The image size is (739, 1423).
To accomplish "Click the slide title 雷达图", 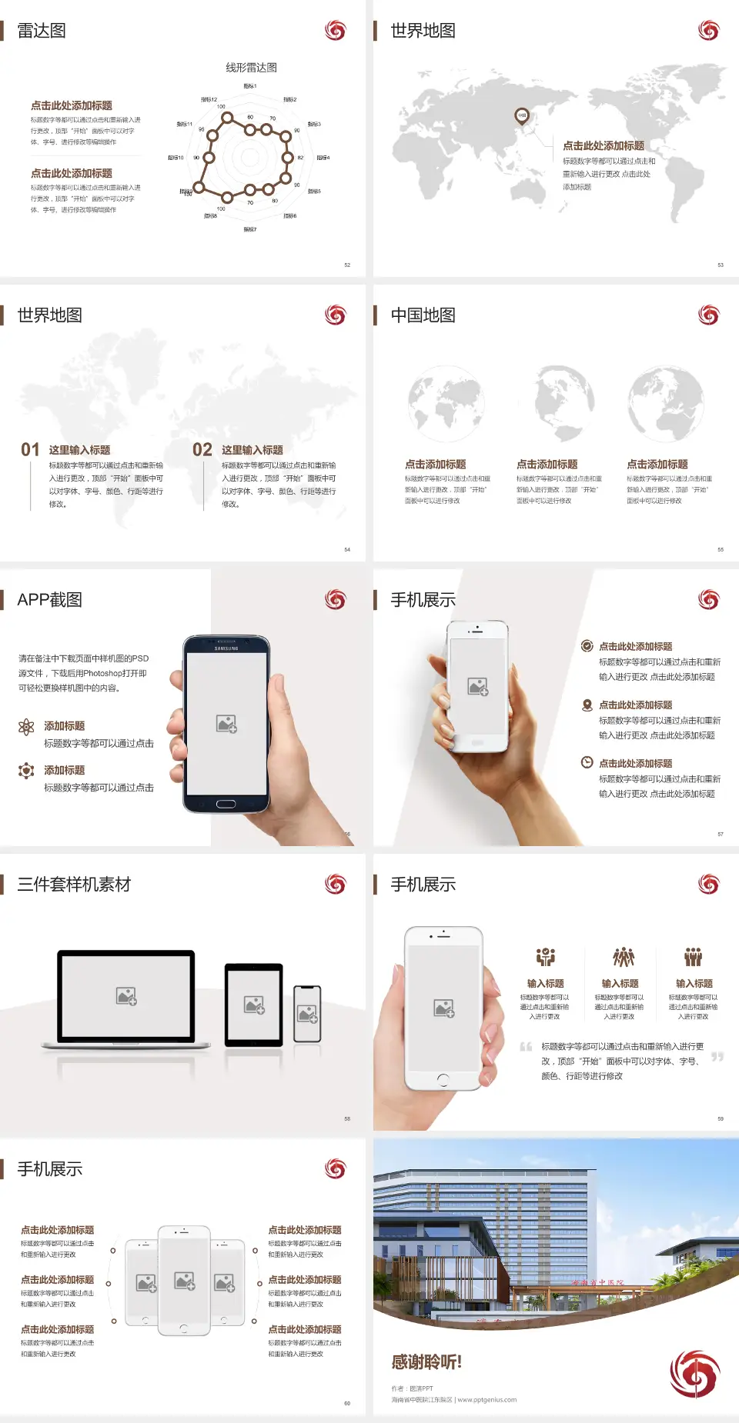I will coord(42,31).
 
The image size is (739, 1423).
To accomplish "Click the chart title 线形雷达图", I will coord(251,68).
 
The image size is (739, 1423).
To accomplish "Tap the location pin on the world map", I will coord(522,116).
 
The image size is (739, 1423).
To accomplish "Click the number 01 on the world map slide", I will coord(30,449).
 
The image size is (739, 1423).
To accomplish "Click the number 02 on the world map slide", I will coord(202,449).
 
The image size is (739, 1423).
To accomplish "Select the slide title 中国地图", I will coord(423,315).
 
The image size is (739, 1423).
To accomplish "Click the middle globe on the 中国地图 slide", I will coord(565,403).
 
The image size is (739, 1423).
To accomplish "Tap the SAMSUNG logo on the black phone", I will coord(226,648).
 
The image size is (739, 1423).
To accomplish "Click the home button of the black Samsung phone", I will coord(226,804).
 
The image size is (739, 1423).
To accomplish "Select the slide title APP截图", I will coord(50,600).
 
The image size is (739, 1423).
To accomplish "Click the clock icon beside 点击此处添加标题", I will coord(587,762).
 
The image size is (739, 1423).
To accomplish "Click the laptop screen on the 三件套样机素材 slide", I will coord(126,996).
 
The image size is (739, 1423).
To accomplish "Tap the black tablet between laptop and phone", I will coord(254,1005).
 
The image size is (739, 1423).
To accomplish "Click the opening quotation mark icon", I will coord(526,1046).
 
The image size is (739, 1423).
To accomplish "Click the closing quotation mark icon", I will coord(717,1057).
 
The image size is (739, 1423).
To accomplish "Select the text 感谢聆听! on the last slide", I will coord(426,1362).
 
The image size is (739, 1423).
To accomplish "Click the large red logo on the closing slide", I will coord(694,1374).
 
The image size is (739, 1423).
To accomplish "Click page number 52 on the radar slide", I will coord(347,265).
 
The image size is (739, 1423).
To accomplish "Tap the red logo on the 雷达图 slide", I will coord(335,31).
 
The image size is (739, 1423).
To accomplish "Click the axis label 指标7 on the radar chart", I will coord(250,229).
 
